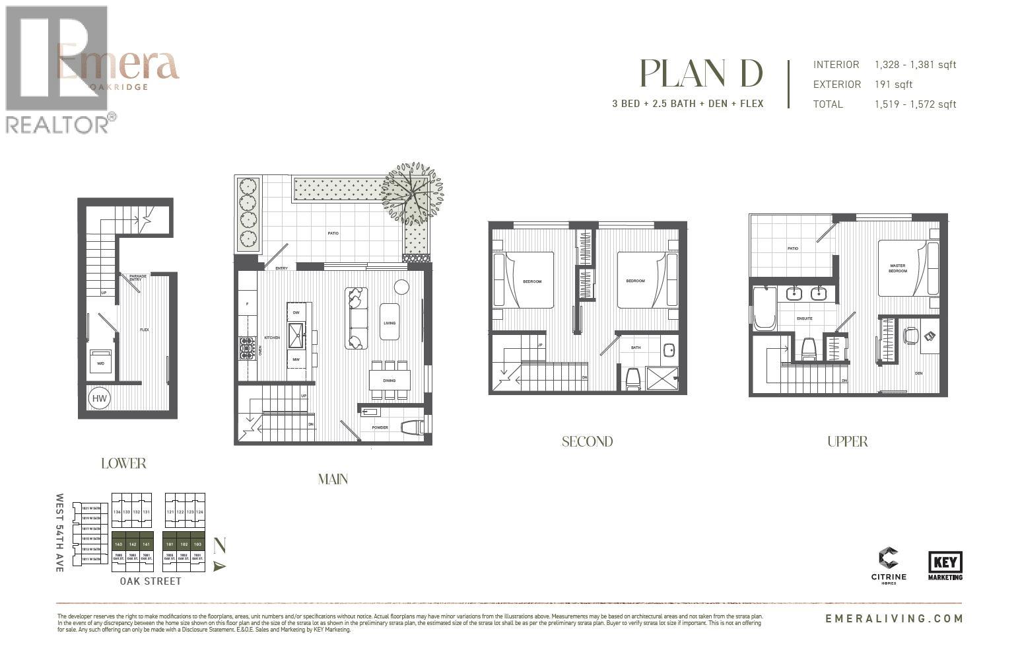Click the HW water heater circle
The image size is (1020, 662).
pyautogui.click(x=99, y=398)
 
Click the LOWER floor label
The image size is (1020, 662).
pyautogui.click(x=123, y=463)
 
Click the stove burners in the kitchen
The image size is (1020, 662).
pyautogui.click(x=247, y=348)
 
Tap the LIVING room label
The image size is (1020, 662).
pyautogui.click(x=390, y=323)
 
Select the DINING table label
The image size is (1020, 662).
pyautogui.click(x=390, y=381)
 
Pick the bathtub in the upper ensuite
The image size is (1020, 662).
pyautogui.click(x=765, y=308)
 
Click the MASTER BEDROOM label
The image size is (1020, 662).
pyautogui.click(x=897, y=268)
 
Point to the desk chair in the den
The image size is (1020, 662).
pyautogui.click(x=910, y=336)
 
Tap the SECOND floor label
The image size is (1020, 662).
pyautogui.click(x=587, y=442)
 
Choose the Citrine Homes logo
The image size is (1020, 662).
pyautogui.click(x=889, y=565)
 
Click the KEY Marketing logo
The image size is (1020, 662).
pyautogui.click(x=945, y=566)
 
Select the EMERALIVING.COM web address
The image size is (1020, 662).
pyautogui.click(x=894, y=619)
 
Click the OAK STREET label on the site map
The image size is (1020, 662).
pyautogui.click(x=151, y=581)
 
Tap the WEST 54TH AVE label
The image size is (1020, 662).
pyautogui.click(x=60, y=532)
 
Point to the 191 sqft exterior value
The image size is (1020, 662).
pyautogui.click(x=893, y=85)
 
